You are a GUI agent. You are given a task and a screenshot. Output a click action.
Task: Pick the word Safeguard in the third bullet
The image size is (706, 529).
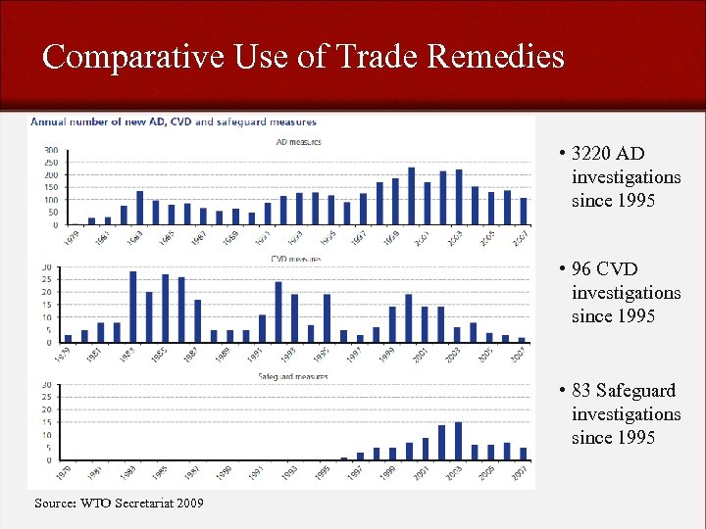tap(634, 391)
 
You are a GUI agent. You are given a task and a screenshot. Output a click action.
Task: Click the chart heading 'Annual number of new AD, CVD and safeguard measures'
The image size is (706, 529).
tap(174, 122)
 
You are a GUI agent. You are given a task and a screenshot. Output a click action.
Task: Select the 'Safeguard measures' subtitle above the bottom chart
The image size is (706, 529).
tap(293, 376)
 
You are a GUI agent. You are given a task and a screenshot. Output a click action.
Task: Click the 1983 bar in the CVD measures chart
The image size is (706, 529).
tap(133, 308)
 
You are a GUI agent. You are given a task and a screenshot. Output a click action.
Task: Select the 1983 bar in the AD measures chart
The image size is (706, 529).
tap(140, 208)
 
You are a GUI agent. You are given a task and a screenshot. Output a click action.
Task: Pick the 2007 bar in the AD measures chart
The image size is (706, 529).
tap(524, 212)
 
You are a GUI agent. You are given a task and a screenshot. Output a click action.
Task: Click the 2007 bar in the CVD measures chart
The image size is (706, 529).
tap(523, 340)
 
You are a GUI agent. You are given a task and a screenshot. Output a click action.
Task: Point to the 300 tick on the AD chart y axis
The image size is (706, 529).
tap(50, 151)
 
